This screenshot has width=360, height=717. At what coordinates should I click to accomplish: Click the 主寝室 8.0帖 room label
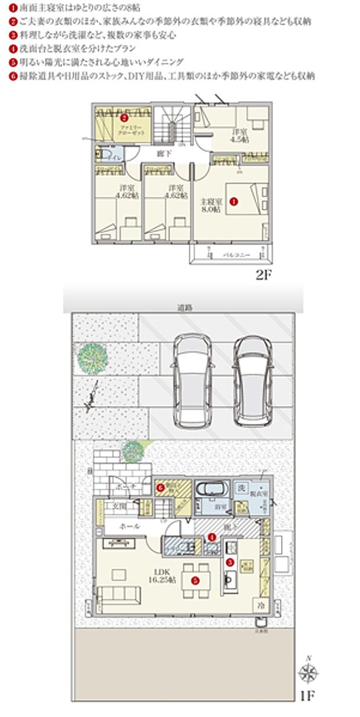[208, 206]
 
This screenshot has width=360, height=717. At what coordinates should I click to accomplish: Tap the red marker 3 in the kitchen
[230, 562]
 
